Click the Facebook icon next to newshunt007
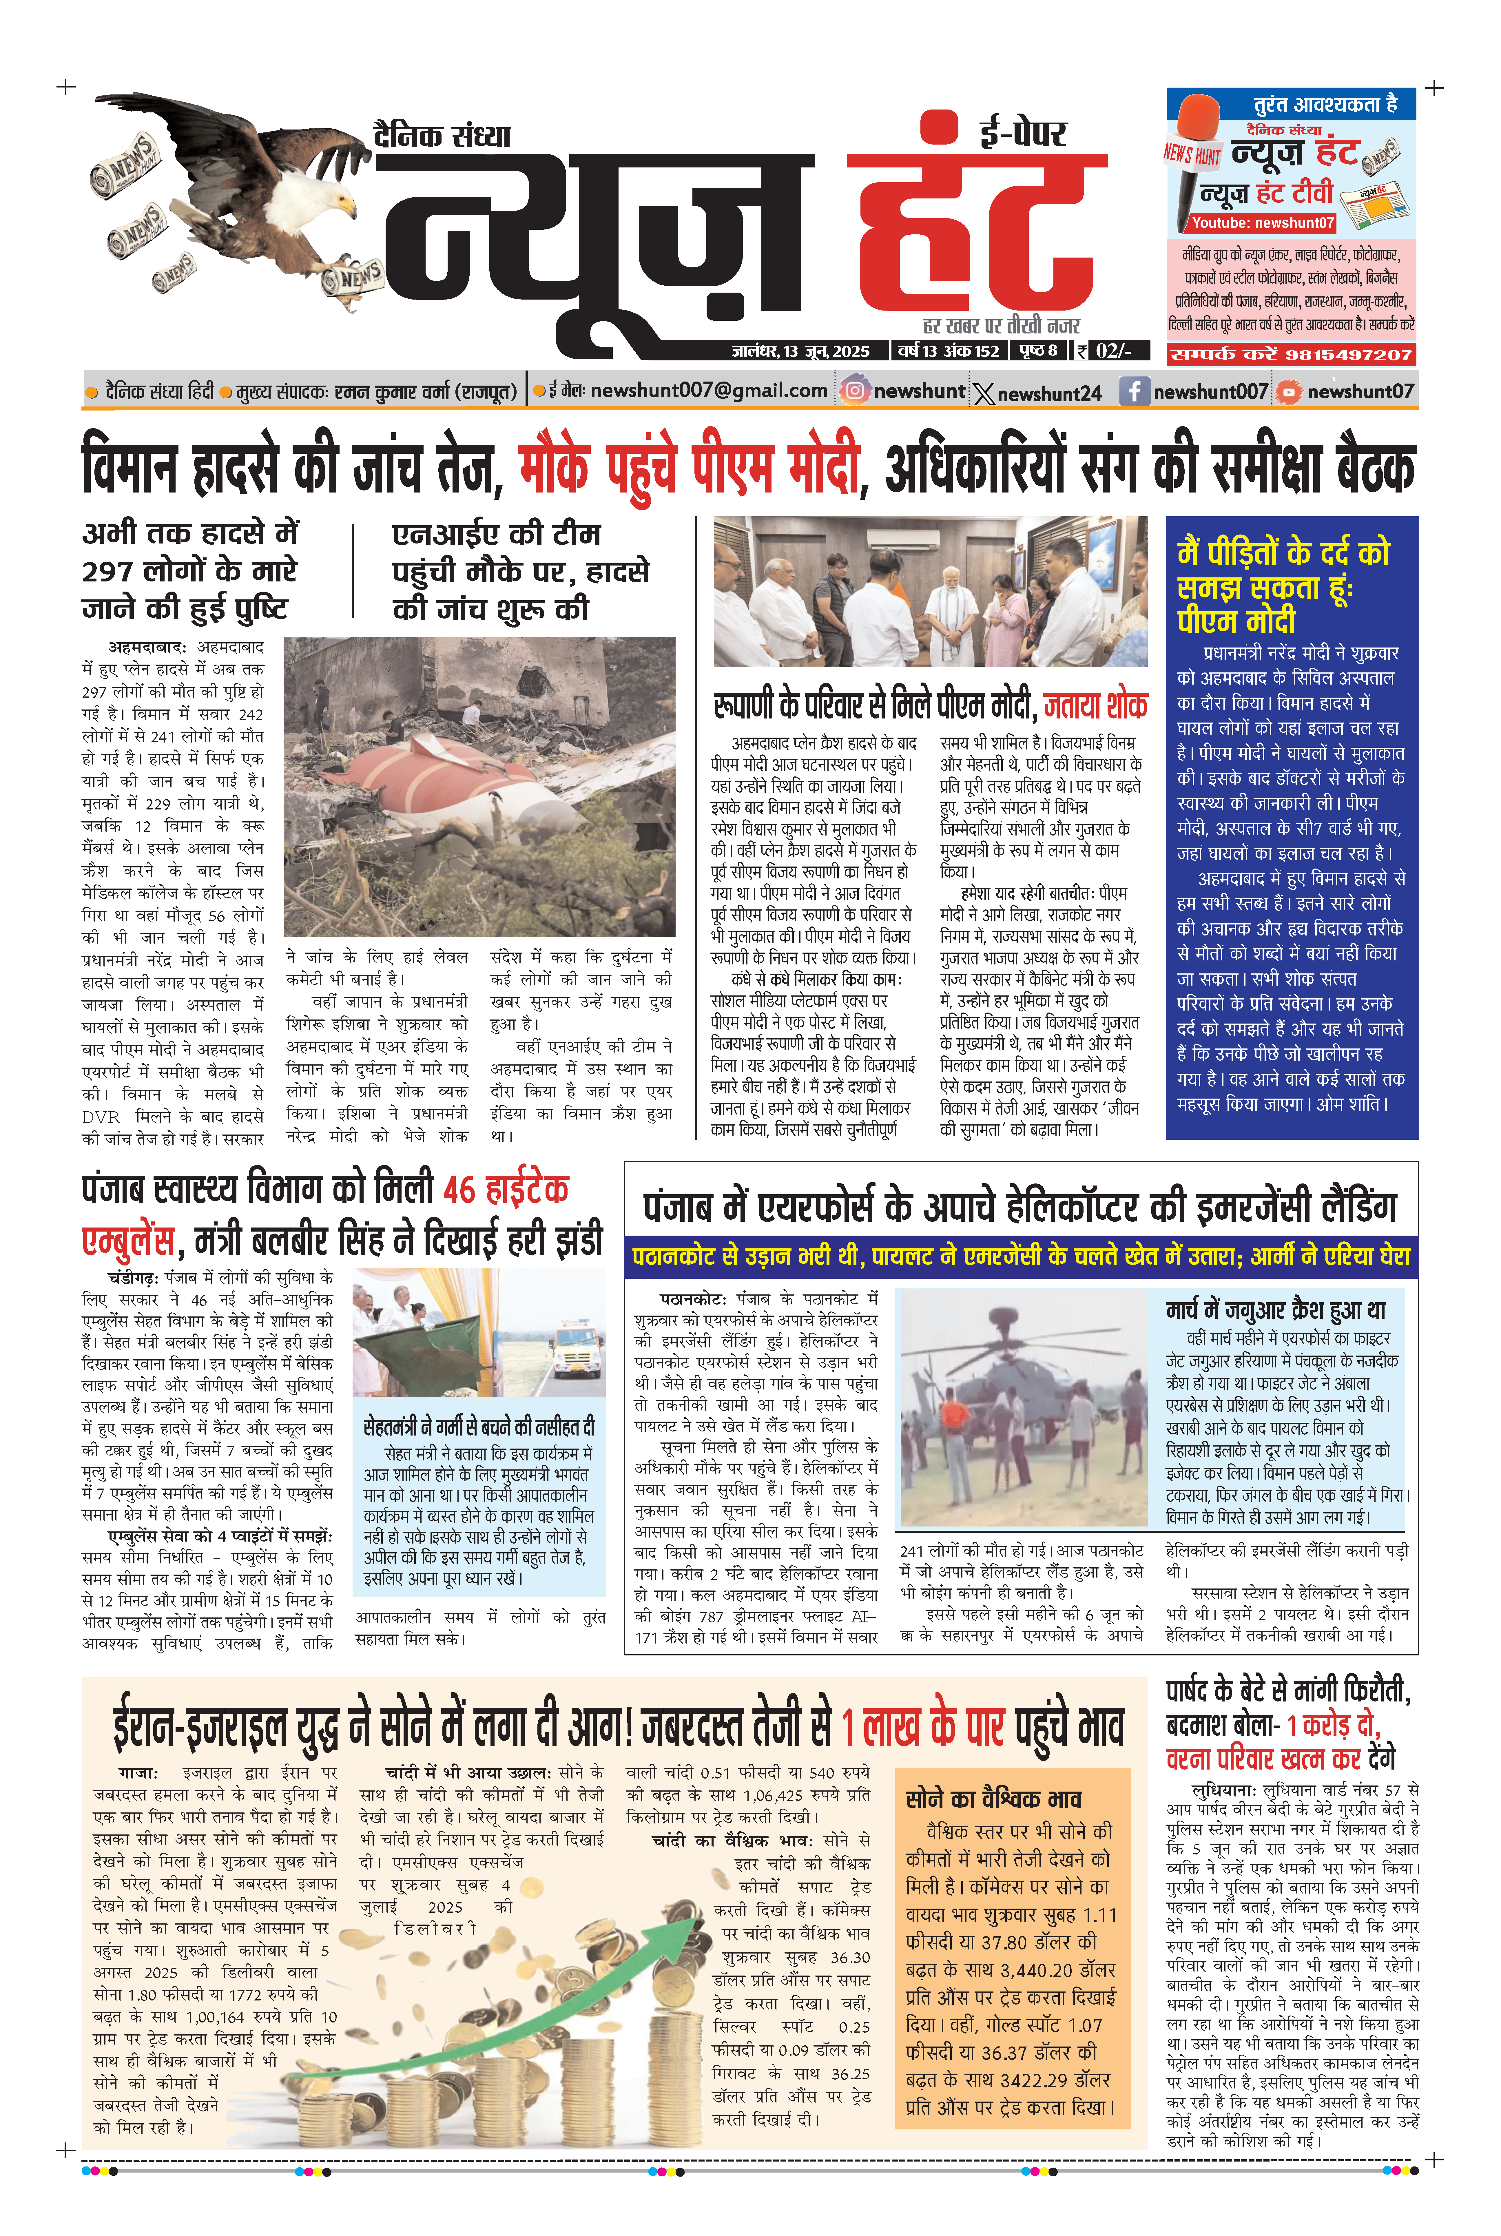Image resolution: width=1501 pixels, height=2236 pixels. [x=1134, y=391]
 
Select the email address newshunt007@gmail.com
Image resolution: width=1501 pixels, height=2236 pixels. [x=708, y=391]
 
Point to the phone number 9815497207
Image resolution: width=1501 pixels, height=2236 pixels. [x=1348, y=355]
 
